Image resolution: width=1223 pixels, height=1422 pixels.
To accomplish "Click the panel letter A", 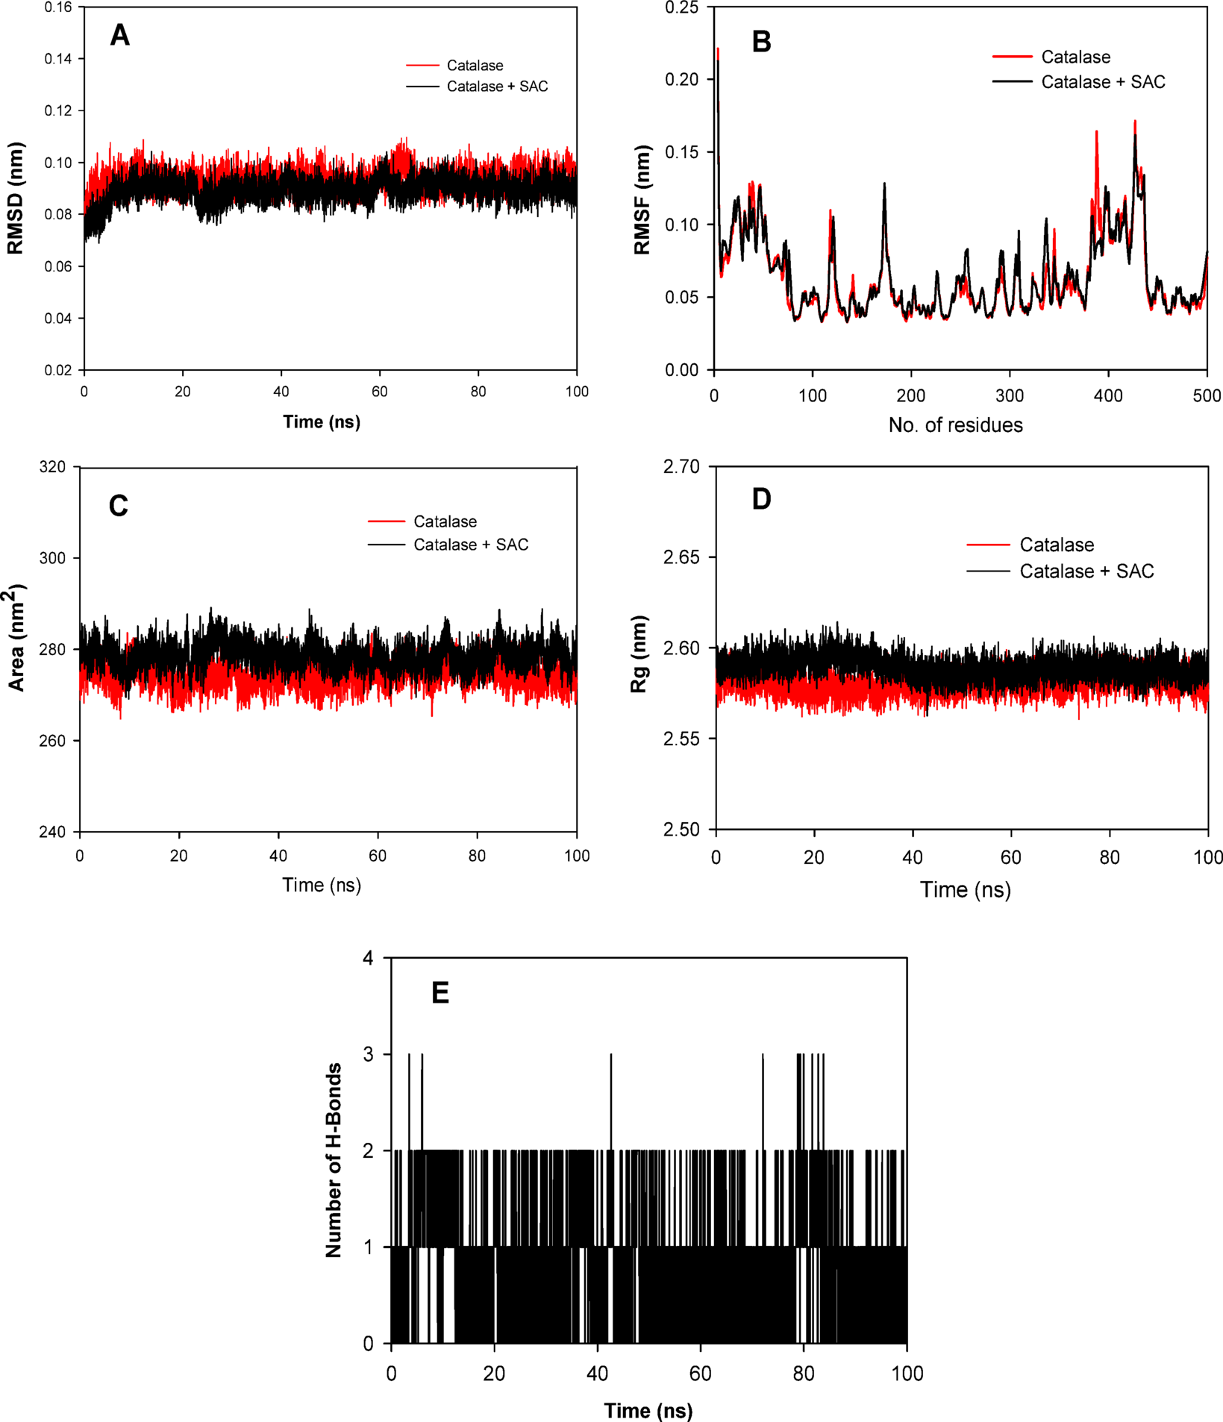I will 119,35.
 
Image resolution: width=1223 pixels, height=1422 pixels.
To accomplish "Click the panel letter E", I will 440,993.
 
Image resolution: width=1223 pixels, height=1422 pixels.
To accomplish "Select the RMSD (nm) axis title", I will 16,198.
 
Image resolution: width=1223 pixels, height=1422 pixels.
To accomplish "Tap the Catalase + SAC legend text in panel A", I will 497,87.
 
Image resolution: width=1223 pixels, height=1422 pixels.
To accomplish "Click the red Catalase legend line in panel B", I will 1013,57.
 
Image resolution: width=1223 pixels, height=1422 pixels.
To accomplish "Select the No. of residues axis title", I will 955,425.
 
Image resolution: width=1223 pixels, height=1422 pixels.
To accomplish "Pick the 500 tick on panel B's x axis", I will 1207,396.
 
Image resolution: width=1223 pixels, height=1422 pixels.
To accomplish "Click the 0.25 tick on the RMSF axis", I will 681,7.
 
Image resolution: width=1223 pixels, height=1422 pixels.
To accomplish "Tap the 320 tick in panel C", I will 51,467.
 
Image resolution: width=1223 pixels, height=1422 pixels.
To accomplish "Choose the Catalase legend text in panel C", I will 445,521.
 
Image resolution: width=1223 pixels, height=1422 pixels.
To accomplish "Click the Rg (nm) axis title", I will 639,654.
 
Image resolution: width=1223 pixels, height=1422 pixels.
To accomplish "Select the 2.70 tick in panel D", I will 681,467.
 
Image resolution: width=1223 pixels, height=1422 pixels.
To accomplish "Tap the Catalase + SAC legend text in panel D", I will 1086,571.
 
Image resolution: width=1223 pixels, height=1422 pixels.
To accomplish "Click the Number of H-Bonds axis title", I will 334,1160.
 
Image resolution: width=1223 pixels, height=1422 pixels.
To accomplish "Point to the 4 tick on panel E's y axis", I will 367,958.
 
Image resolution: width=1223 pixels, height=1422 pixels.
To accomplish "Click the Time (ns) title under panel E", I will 648,1411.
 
